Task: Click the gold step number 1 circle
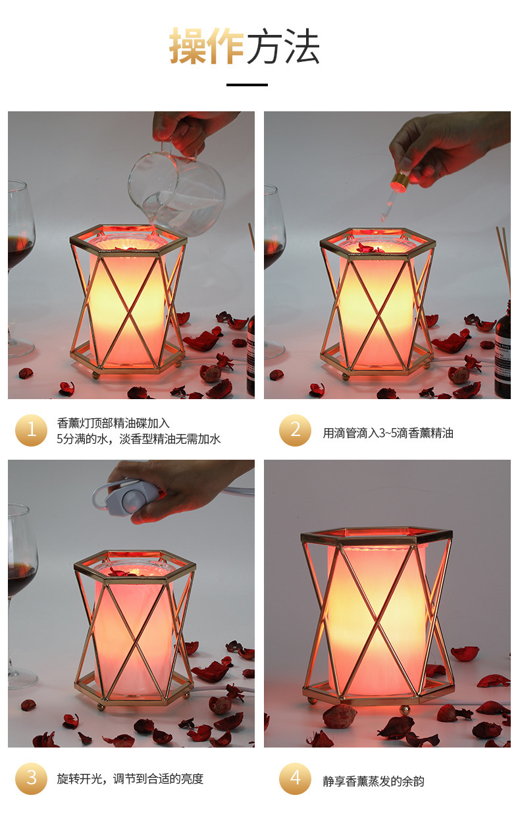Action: (32, 430)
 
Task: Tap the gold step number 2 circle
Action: (295, 430)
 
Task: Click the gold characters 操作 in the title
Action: (207, 46)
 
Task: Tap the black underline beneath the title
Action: (247, 85)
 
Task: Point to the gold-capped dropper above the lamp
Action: (393, 196)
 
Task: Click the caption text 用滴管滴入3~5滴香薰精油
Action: (388, 433)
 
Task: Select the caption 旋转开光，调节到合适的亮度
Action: (130, 778)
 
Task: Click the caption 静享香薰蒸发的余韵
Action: (373, 781)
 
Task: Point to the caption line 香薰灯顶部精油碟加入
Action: (113, 423)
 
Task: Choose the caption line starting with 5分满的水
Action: (139, 439)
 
